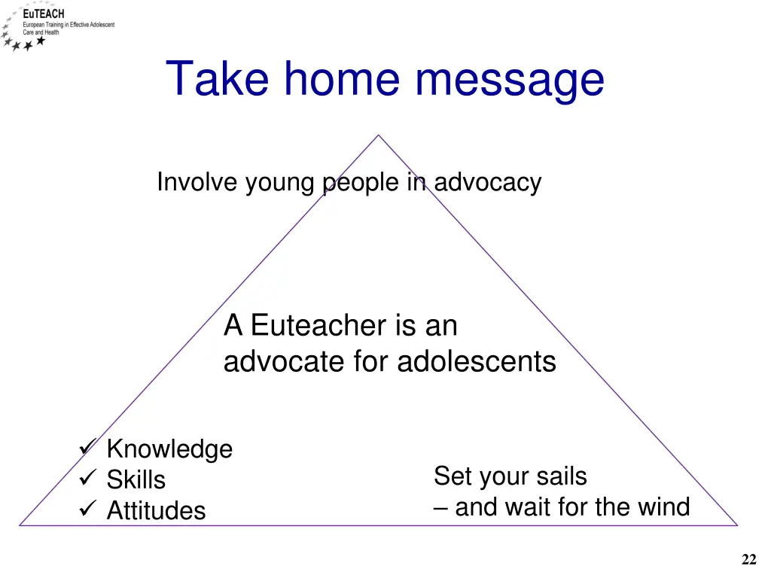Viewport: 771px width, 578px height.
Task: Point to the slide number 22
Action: coord(748,559)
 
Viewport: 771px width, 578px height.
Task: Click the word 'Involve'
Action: coord(197,182)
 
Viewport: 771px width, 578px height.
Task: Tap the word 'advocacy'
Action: coord(487,183)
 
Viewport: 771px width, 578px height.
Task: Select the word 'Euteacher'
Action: coord(317,326)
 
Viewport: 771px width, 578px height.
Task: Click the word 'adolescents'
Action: coord(477,362)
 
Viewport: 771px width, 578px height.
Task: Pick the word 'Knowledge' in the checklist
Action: coord(169,449)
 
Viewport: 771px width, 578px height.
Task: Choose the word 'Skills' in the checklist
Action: coord(136,480)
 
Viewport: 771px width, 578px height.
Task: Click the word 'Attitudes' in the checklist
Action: coord(156,511)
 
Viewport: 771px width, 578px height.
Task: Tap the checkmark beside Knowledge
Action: coord(86,449)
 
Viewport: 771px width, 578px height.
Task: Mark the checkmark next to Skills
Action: coord(86,479)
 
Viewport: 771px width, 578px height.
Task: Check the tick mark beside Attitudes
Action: coord(86,510)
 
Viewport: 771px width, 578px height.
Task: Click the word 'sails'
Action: coord(559,476)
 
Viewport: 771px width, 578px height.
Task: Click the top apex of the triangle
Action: coord(378,135)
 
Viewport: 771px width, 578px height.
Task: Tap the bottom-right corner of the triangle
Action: coord(736,525)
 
